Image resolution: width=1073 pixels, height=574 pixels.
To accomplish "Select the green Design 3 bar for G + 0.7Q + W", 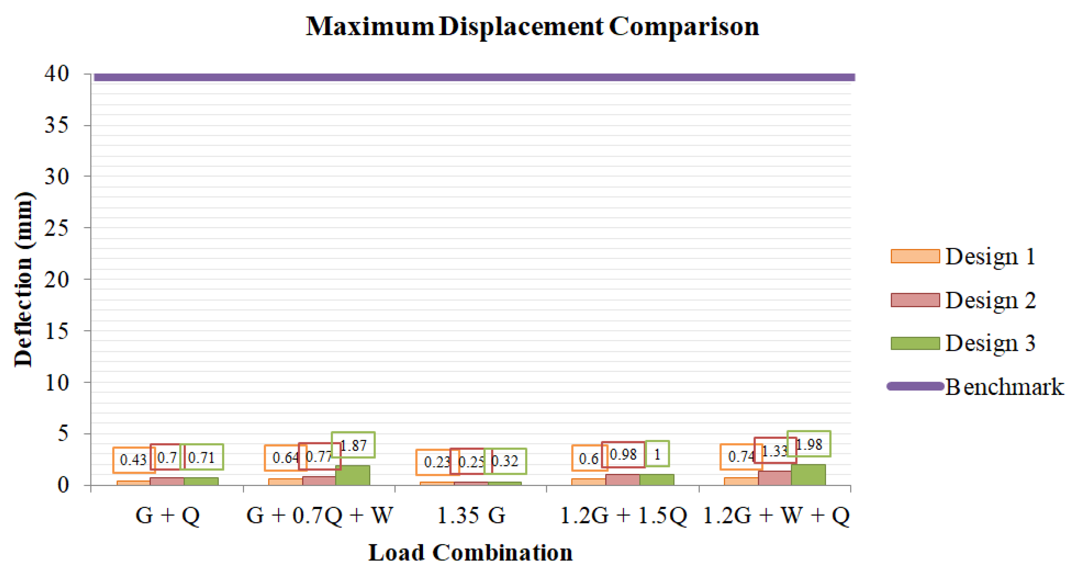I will (353, 475).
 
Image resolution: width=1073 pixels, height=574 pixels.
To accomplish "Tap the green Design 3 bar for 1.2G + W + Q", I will (808, 475).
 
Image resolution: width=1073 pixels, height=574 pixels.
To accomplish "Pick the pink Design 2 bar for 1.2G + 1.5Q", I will (622, 480).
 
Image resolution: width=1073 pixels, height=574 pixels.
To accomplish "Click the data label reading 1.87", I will (353, 445).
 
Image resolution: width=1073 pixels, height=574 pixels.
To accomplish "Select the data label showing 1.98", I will (809, 444).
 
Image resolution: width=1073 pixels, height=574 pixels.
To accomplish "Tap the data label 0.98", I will (623, 455).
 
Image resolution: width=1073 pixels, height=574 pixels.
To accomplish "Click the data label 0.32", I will (505, 461).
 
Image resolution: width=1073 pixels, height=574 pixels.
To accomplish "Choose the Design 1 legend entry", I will (962, 256).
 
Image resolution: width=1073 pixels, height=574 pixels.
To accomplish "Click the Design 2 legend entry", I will (962, 300).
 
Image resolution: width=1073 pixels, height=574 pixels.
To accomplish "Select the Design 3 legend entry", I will (962, 343).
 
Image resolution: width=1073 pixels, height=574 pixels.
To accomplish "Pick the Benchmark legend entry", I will (975, 387).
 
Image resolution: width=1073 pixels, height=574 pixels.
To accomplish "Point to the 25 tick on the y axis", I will (57, 228).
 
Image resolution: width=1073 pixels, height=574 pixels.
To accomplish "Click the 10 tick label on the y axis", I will (57, 382).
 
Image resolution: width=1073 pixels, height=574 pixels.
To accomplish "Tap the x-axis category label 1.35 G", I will (471, 515).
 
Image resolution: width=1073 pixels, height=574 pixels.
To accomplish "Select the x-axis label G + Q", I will (168, 515).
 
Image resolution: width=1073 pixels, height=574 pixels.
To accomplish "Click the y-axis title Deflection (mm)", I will (23, 280).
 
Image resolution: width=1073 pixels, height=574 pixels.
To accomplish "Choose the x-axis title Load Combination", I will (470, 552).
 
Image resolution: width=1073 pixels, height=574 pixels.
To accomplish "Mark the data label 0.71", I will (202, 458).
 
